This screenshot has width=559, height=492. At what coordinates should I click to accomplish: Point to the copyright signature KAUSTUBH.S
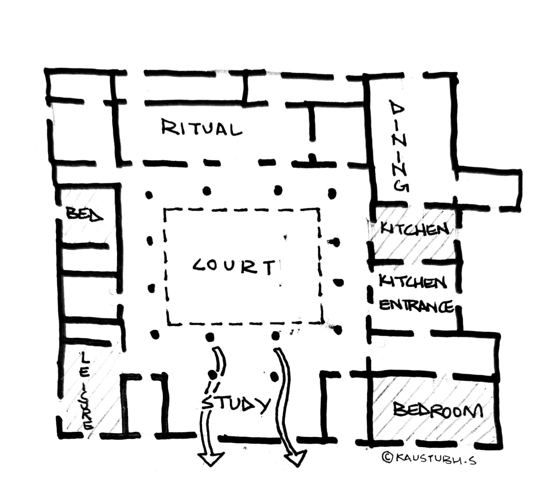click(x=435, y=458)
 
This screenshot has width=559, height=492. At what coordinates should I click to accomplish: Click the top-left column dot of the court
click(x=149, y=195)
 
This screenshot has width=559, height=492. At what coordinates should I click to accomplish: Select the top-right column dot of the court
click(x=332, y=193)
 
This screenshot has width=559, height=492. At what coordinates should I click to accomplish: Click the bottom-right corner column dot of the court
click(x=337, y=330)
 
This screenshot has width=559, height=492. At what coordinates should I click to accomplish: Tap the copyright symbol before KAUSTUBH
click(x=387, y=457)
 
